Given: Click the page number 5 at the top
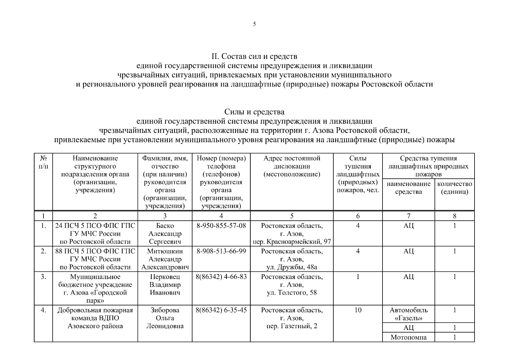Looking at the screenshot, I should point(254,24).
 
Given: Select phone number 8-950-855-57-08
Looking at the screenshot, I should point(221,226).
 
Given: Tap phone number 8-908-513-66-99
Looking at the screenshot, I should point(221,251).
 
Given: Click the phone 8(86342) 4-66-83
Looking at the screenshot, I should point(221,277).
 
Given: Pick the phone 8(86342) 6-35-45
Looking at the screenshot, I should point(221,310).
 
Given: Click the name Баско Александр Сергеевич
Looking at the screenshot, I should point(165,233).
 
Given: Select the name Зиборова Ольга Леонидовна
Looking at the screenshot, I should point(165,318).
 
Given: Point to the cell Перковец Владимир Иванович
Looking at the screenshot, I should point(165,285).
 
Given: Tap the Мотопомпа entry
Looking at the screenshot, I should point(408,337).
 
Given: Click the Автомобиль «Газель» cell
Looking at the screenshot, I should point(408,314).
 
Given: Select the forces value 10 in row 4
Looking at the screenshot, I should point(358,310).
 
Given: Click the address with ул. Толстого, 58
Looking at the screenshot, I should point(292,285).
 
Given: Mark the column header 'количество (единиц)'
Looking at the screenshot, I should point(454,188).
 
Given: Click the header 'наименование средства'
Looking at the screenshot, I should point(408,188).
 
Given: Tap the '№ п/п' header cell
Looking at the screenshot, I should point(43,162).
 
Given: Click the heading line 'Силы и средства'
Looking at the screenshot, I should point(254,112).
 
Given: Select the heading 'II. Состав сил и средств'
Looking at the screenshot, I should point(254,56).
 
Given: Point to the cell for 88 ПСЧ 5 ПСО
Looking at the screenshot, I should point(95,259).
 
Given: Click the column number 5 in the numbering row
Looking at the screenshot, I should point(292,216).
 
